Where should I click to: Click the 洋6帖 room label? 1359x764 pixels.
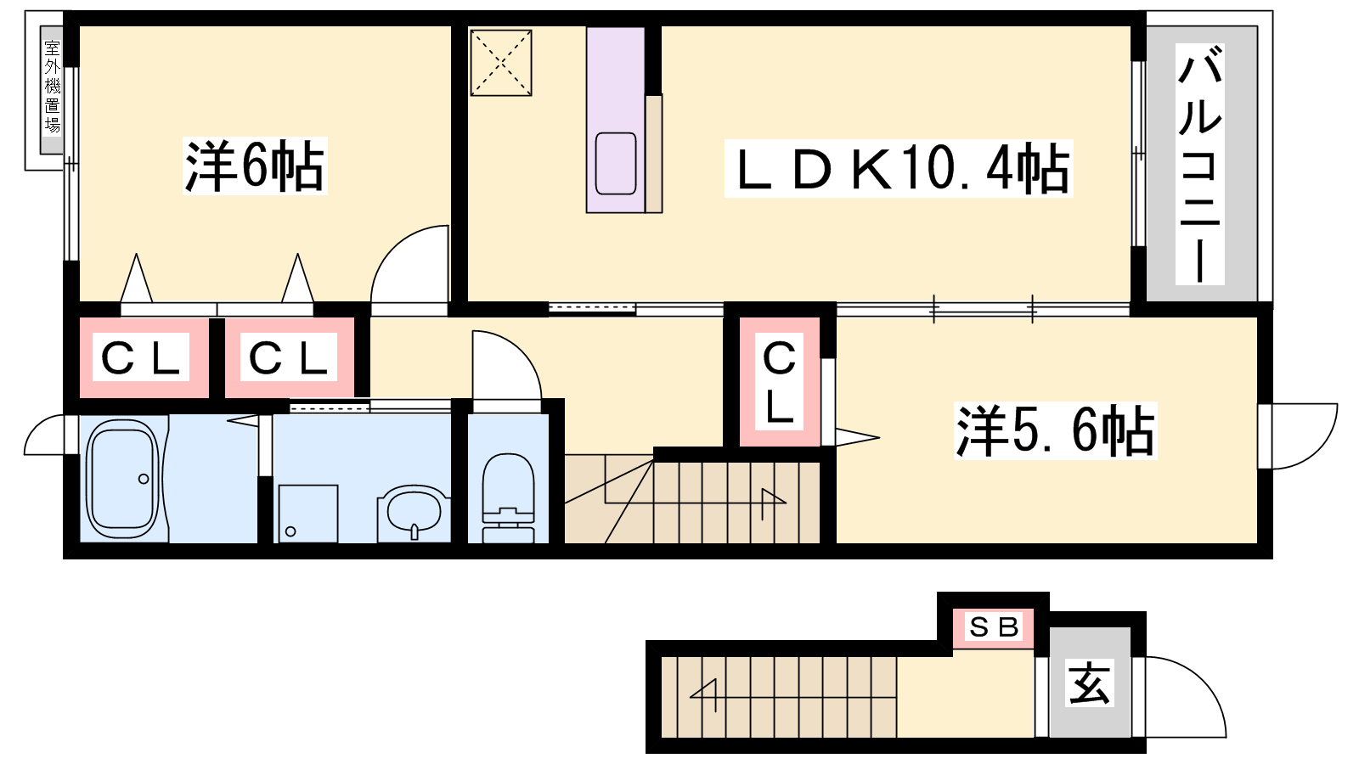(255, 166)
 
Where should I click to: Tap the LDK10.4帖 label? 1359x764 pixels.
(899, 168)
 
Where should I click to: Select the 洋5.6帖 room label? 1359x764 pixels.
(1055, 430)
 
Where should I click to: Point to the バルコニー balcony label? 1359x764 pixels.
(1199, 164)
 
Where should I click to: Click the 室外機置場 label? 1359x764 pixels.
(53, 87)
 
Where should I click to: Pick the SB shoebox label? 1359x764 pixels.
(993, 627)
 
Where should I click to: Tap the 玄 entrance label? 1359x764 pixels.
(1090, 683)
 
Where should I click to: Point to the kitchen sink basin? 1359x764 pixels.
(616, 163)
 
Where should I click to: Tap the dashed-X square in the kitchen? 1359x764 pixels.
(501, 63)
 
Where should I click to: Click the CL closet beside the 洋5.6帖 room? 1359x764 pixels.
(780, 382)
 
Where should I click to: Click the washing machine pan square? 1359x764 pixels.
(307, 514)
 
